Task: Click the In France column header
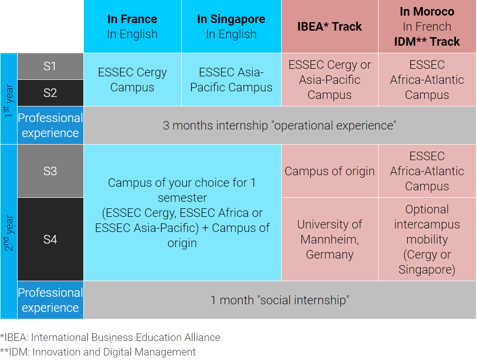pos(132,27)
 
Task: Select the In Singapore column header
pos(231,27)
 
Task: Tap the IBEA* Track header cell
pos(329,27)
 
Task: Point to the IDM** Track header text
pos(427,42)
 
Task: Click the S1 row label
pos(50,66)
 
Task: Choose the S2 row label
pos(50,93)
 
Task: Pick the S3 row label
pos(50,171)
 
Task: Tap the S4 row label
pos(50,239)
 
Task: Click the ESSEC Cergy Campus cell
pos(132,80)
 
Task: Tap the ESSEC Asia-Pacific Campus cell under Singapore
pos(231,80)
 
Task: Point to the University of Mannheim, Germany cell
pos(329,239)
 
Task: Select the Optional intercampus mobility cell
pos(427,239)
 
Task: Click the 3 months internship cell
pos(280,126)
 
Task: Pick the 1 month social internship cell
pos(280,300)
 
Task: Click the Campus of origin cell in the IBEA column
pos(329,171)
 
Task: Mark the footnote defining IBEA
pos(110,337)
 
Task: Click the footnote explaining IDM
pos(98,352)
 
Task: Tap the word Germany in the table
pos(329,255)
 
